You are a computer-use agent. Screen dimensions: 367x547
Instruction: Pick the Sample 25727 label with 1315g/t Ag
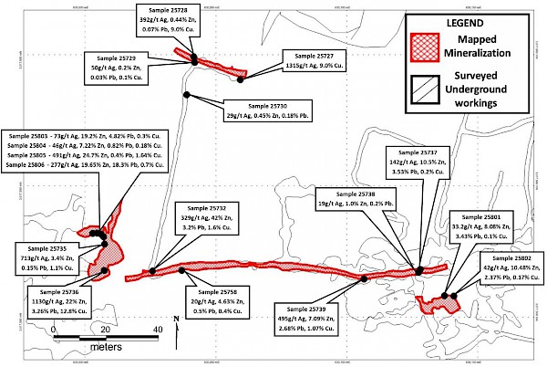[x=309, y=61]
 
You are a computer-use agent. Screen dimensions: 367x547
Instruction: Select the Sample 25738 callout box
[x=351, y=199]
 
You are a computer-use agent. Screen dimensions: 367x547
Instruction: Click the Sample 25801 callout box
[x=496, y=225]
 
